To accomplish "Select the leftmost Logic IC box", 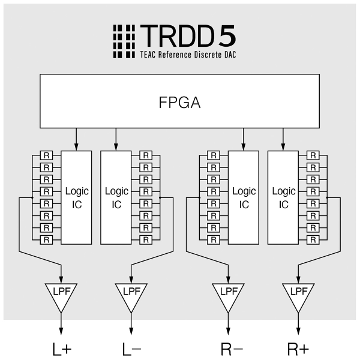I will pos(76,197).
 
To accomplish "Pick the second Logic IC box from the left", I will pos(116,197).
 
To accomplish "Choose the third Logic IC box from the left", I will pos(244,197).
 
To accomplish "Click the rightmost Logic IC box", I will pos(284,197).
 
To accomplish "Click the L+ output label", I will pos(61,349).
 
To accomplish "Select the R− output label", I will pos(229,349).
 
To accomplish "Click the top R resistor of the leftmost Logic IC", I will pos(46,155).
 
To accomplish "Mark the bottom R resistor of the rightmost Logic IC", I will pos(313,239).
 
